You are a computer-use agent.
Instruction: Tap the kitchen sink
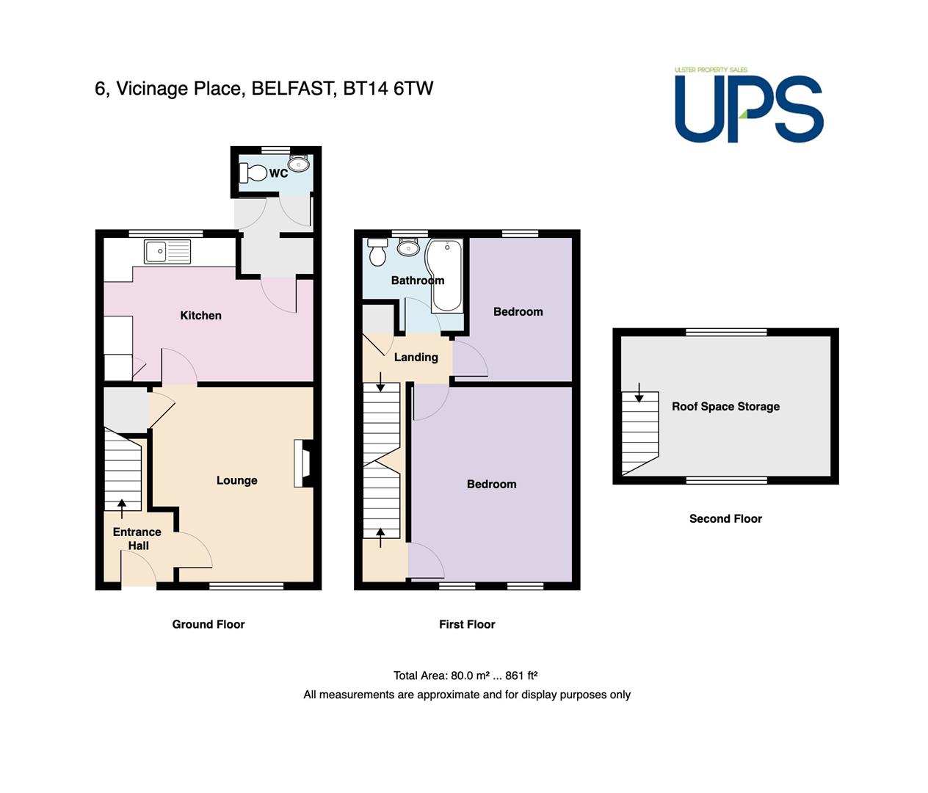point(167,251)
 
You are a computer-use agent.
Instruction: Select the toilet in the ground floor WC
point(253,173)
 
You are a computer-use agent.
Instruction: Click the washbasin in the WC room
point(299,164)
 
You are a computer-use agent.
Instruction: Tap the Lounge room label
point(236,480)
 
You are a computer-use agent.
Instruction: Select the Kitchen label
point(200,316)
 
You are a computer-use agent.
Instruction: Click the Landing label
point(416,358)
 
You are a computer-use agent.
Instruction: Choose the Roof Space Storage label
point(725,406)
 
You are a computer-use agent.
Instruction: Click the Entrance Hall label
point(137,539)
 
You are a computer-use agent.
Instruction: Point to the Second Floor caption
point(725,518)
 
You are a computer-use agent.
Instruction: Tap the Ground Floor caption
point(209,624)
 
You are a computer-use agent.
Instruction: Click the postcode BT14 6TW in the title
point(388,88)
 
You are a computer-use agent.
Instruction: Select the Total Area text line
point(465,676)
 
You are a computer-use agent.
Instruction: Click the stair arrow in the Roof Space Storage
point(639,392)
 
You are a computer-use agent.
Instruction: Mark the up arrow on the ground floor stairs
point(122,508)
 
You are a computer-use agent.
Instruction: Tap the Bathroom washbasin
point(408,247)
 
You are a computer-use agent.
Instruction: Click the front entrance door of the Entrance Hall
point(139,568)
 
